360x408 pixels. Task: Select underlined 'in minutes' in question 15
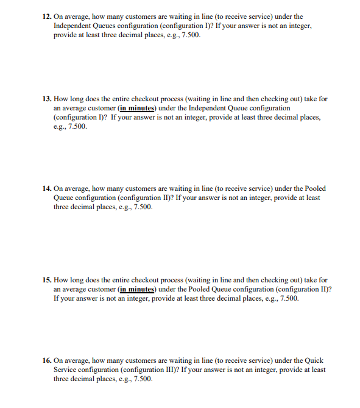pyautogui.click(x=136, y=290)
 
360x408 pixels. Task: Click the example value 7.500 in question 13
pyautogui.click(x=77, y=127)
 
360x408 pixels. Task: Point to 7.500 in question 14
pyautogui.click(x=142, y=207)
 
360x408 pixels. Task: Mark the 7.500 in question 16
pyautogui.click(x=142, y=379)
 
